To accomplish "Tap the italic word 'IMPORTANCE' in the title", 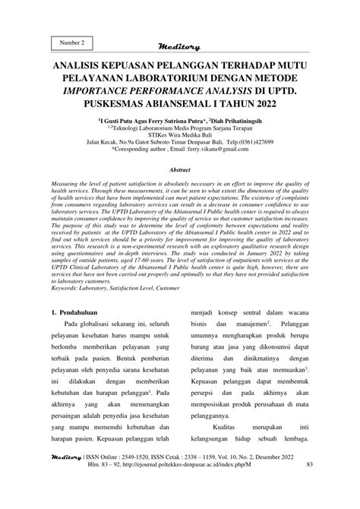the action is coord(104,93).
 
